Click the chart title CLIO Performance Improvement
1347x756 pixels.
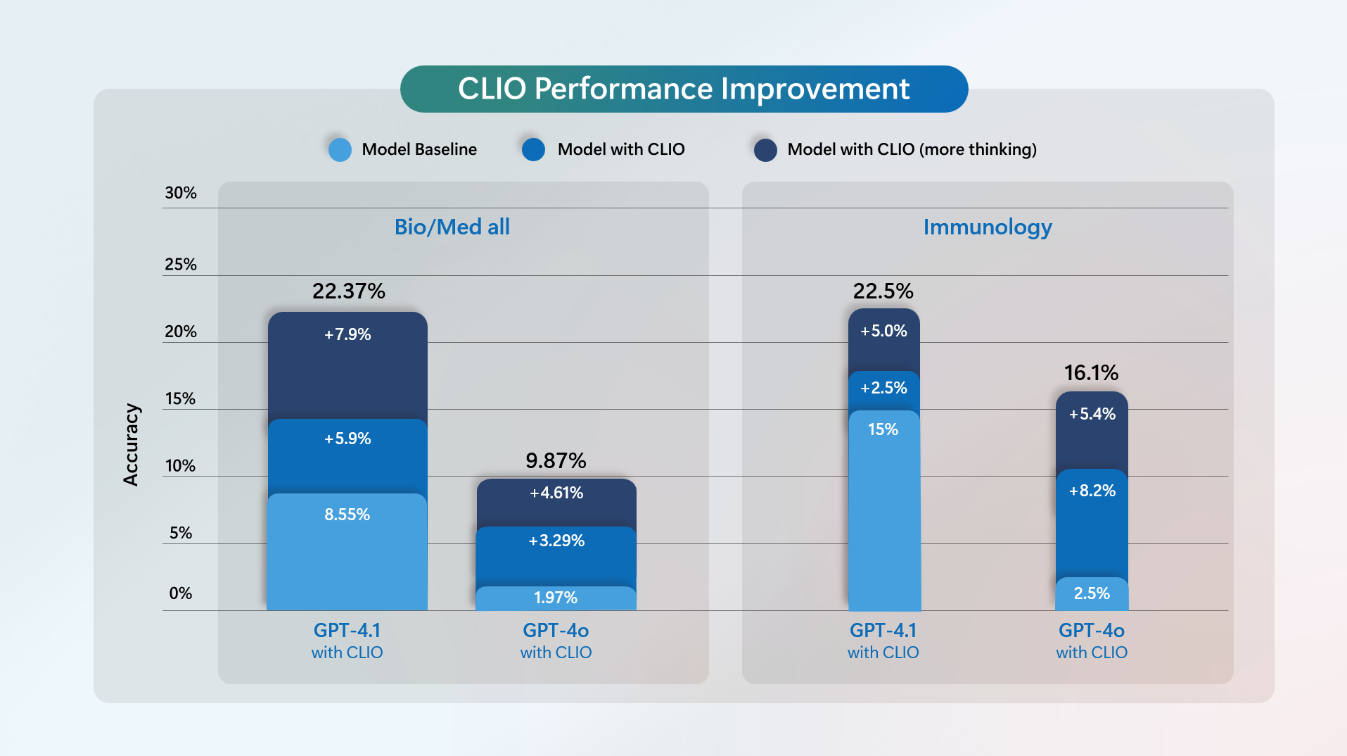(x=684, y=89)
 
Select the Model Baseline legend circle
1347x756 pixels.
(x=340, y=150)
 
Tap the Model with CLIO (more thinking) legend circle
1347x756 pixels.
(x=765, y=150)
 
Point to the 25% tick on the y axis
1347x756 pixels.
(x=181, y=265)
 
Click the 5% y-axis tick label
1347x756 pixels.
(x=181, y=533)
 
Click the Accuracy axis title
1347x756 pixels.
(x=131, y=444)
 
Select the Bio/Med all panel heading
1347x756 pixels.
(x=452, y=227)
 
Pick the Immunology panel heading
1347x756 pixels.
(x=988, y=227)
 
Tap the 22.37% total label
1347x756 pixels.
(x=348, y=291)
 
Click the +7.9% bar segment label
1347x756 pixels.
(x=347, y=334)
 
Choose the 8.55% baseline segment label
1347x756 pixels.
(x=347, y=515)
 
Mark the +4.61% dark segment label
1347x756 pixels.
(x=556, y=493)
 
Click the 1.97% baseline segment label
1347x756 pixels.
(x=556, y=598)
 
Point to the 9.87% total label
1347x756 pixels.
(x=556, y=460)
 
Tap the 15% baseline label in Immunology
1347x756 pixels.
(x=883, y=429)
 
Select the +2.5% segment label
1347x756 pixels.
(x=883, y=388)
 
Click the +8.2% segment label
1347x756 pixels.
(x=1092, y=491)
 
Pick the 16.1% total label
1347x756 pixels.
(x=1091, y=372)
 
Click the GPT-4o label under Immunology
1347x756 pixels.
(x=1092, y=631)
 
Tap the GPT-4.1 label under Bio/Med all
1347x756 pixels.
(x=347, y=631)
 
